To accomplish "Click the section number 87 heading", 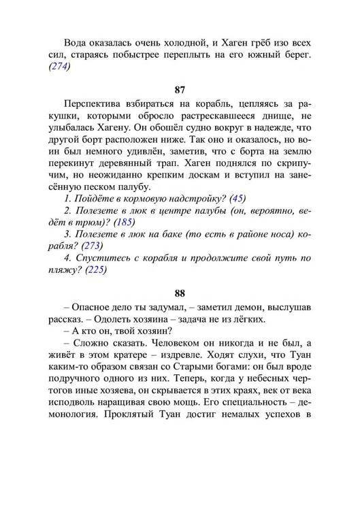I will click(x=180, y=89).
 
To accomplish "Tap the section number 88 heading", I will click(x=180, y=293).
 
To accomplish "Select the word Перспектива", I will click(x=93, y=103).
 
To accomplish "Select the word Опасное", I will click(x=91, y=310).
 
